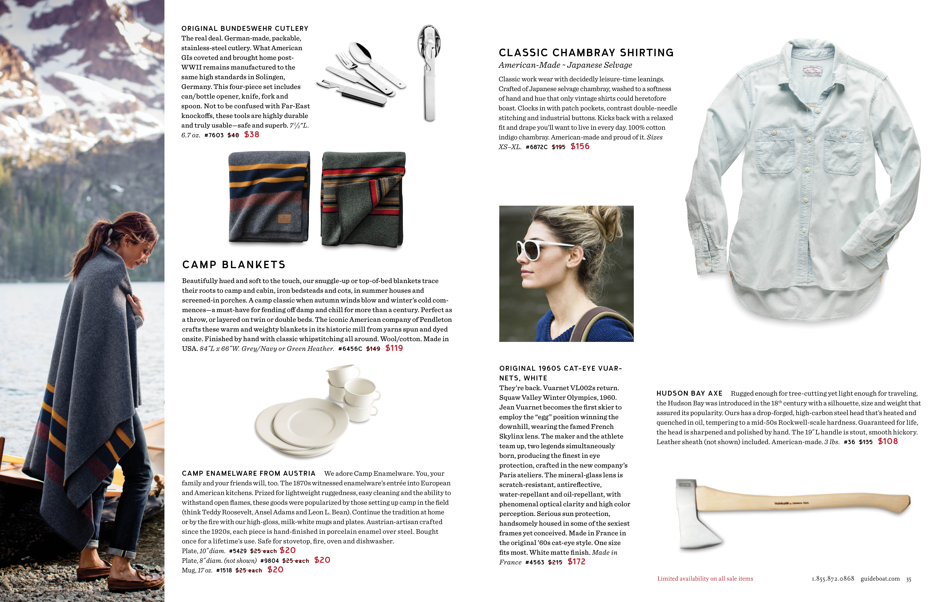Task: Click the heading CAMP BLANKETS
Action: pyautogui.click(x=234, y=264)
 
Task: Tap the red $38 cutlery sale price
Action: pyautogui.click(x=252, y=135)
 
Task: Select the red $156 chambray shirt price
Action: pyautogui.click(x=580, y=146)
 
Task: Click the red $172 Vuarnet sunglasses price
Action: pyautogui.click(x=576, y=562)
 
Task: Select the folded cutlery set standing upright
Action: pyautogui.click(x=429, y=73)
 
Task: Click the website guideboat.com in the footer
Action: pyautogui.click(x=880, y=579)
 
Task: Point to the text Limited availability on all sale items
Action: pyautogui.click(x=705, y=579)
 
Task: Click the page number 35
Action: pyautogui.click(x=908, y=579)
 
